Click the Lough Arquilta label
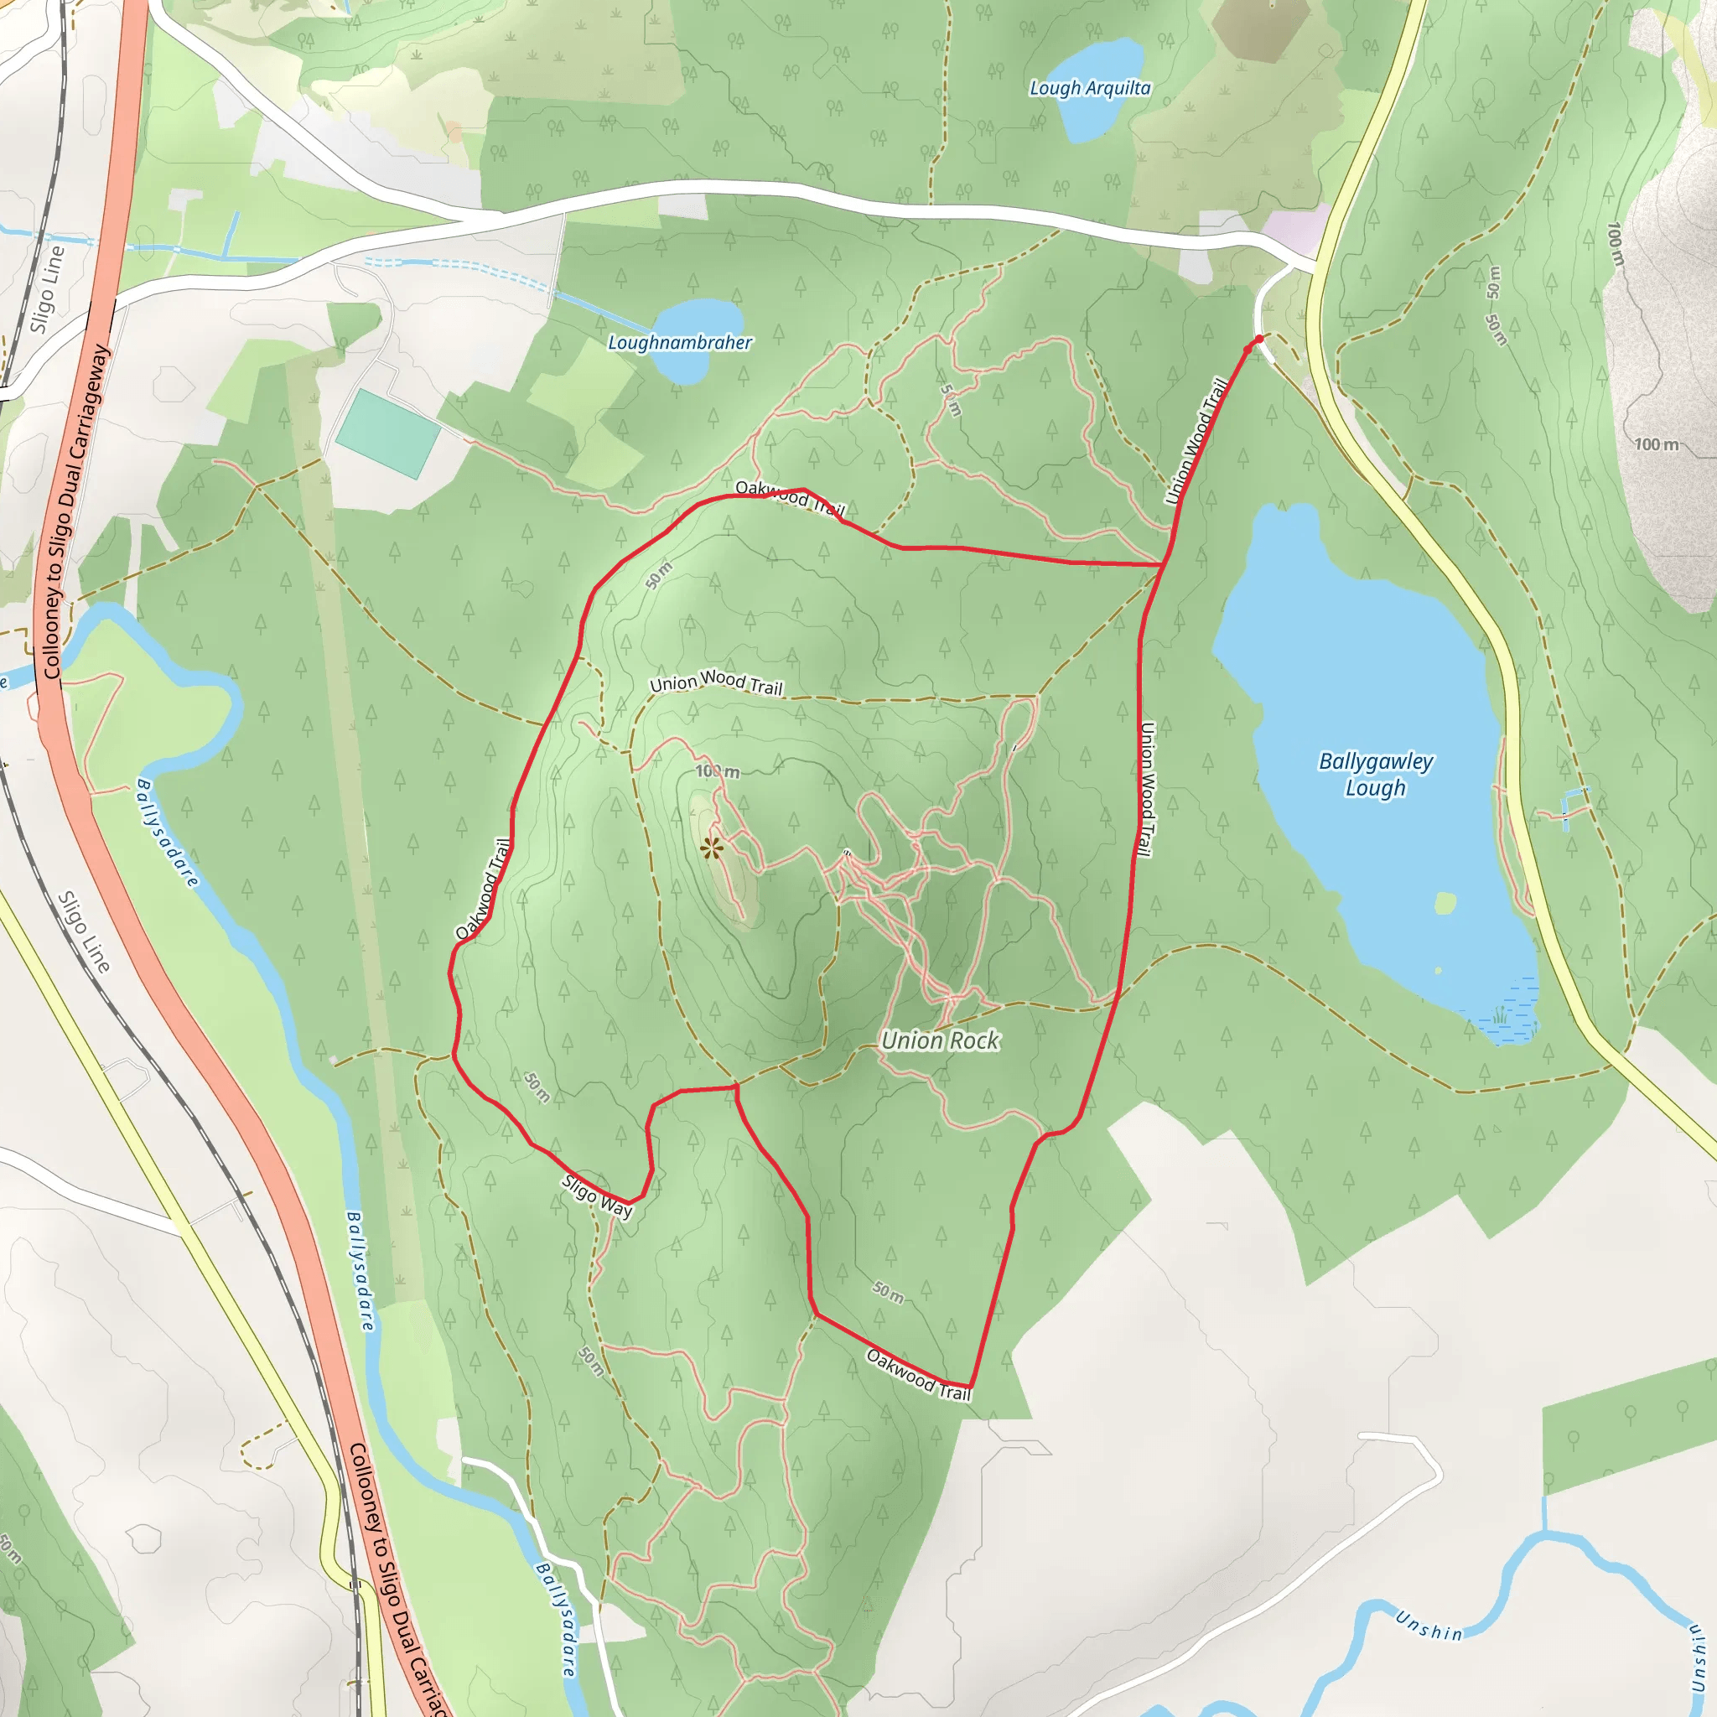(1090, 88)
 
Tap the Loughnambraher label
(680, 342)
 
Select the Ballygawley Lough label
(1375, 774)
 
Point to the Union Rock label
(941, 1040)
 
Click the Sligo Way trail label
(597, 1196)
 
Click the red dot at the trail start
(1258, 340)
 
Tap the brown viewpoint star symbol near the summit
(711, 848)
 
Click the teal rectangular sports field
(387, 433)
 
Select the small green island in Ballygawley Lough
(1445, 904)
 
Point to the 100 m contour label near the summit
(717, 770)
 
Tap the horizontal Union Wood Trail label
(716, 682)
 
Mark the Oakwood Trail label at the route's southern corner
(918, 1375)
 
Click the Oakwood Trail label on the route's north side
(790, 498)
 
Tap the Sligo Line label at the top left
(46, 289)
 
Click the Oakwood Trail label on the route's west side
(484, 889)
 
